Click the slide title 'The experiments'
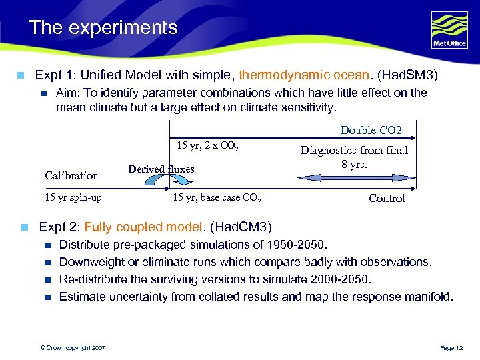pos(103,28)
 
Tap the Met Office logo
pos(449,30)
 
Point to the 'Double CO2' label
pos(371,130)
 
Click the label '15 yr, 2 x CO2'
pos(207,146)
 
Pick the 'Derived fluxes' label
pos(161,169)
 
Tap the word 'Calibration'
pos(71,176)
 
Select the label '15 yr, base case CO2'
pos(217,199)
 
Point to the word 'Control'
pos(387,199)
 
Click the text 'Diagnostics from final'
pos(354,151)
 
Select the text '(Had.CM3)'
pos(241,227)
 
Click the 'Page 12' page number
pos(451,347)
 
